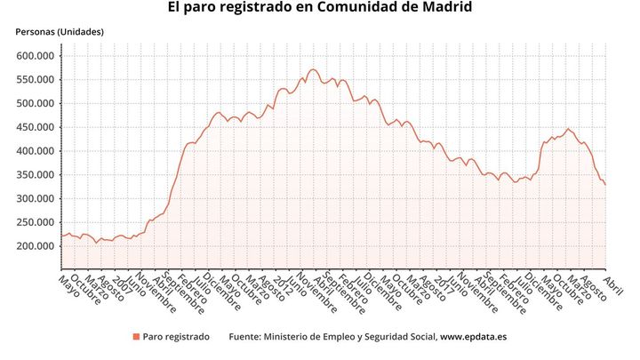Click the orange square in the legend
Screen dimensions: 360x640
[x=136, y=337]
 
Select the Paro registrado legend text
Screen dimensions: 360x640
[x=176, y=337]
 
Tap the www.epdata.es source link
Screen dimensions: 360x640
[x=473, y=337]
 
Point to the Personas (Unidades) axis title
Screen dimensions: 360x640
[x=60, y=32]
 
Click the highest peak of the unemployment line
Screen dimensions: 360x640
[x=311, y=69]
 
